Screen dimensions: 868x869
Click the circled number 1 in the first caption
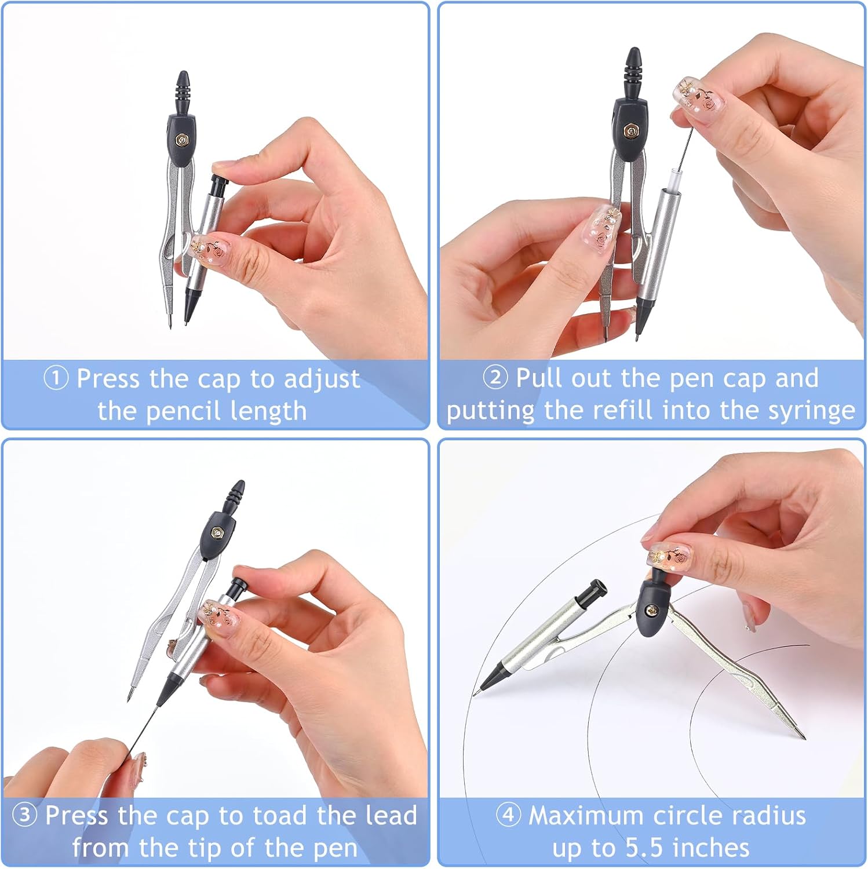pos(56,379)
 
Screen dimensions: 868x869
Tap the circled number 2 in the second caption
pos(495,378)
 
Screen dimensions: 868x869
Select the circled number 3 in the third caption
pos(24,815)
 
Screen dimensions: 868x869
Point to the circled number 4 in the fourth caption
pos(508,815)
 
